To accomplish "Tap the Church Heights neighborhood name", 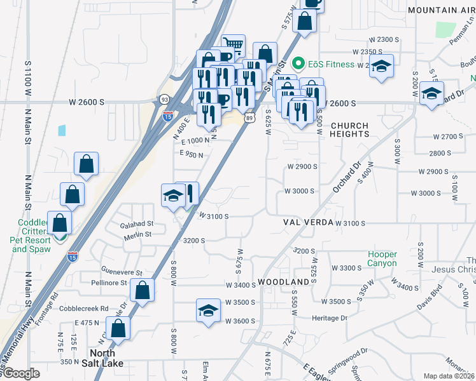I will point(349,130).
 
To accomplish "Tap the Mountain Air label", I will point(441,11).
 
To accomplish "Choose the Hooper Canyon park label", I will point(382,259).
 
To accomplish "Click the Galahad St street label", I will point(137,224).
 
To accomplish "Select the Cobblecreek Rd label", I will point(82,309).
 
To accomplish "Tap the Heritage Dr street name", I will point(330,317).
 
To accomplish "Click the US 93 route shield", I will point(165,99).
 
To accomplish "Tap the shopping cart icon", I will point(234,46).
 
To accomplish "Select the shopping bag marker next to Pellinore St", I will point(143,291).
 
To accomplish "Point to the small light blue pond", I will point(61,130).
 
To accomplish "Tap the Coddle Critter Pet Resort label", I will point(30,236).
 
